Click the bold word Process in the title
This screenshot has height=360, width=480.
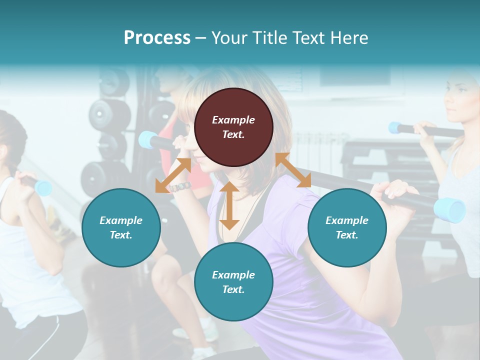click(157, 38)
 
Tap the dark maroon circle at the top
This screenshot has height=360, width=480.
click(233, 127)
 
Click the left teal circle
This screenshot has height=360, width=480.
click(121, 227)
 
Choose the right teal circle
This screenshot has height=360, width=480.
click(347, 227)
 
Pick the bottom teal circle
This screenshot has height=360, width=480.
click(233, 282)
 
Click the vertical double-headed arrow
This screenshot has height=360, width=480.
click(229, 206)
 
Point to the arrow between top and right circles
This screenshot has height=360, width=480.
click(293, 170)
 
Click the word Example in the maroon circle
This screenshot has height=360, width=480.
click(233, 120)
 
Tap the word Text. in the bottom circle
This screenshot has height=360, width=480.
click(233, 289)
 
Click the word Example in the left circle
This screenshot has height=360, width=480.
click(121, 220)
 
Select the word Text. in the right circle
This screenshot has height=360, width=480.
click(347, 235)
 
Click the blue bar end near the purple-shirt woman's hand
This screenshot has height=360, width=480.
click(449, 209)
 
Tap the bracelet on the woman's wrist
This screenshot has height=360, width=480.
click(180, 186)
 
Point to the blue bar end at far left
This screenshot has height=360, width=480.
click(43, 187)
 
